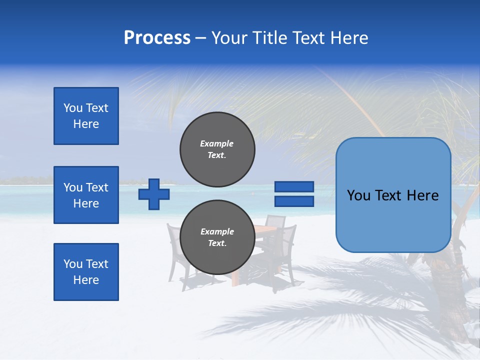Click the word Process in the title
(157, 38)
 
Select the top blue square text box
(86, 116)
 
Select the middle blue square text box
(86, 195)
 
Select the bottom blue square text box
(86, 272)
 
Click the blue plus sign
(154, 194)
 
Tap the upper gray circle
(217, 149)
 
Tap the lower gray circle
(217, 237)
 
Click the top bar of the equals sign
(294, 187)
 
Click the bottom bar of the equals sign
(294, 201)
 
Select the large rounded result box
(393, 195)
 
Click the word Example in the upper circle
(217, 143)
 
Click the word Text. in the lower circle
(217, 243)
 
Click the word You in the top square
(73, 108)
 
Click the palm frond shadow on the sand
(320, 310)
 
